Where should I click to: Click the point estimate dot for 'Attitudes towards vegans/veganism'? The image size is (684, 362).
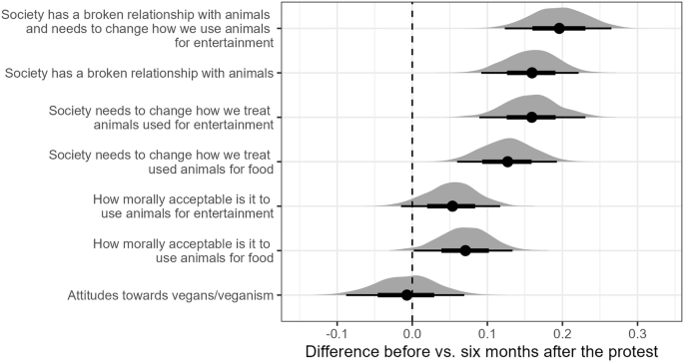(406, 294)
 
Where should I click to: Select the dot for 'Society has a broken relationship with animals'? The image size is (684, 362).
(531, 73)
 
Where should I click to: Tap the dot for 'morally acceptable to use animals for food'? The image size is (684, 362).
(465, 250)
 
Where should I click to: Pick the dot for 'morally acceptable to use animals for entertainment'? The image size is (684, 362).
(452, 205)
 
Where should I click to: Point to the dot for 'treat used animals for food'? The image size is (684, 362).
(507, 162)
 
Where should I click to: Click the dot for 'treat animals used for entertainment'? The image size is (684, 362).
(531, 117)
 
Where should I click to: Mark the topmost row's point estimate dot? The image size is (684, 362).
(559, 28)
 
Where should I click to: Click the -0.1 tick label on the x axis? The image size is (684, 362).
(336, 332)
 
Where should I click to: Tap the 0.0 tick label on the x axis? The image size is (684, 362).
(412, 332)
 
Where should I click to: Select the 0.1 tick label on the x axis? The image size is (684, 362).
(487, 332)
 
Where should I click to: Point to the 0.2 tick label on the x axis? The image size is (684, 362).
(562, 332)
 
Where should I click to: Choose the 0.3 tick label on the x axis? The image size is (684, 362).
(638, 332)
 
